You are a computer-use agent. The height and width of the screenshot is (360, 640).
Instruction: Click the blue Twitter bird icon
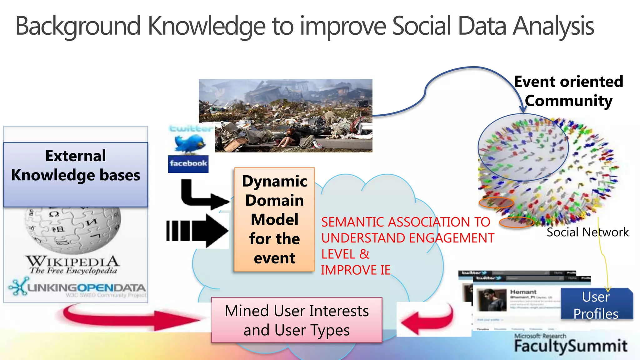pos(190,143)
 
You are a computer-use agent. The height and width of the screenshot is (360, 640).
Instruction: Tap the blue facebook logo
pos(188,164)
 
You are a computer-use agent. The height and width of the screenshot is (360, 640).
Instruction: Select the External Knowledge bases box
pos(76,174)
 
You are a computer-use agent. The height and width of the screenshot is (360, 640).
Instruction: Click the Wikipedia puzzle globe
pos(73,230)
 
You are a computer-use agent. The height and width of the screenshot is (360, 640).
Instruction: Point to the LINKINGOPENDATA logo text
pos(86,287)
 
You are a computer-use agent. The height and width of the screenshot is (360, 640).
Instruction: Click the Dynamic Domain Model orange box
pos(274,219)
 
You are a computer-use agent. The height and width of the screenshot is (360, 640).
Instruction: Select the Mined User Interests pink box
pos(297,320)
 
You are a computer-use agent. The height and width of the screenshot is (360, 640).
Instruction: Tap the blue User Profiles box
pos(596,305)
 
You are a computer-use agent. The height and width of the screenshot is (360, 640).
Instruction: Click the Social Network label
pos(587,232)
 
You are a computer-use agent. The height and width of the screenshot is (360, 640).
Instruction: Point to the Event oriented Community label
pos(568,91)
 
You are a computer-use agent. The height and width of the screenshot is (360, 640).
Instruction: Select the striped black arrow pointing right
pos(197,231)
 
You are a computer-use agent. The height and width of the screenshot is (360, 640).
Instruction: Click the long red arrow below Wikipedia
pos(131,317)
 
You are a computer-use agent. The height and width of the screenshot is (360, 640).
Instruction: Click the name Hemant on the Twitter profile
pos(523,292)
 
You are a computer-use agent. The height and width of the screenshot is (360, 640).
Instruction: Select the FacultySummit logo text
pos(571,346)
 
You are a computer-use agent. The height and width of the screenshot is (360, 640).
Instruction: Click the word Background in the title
pos(78,26)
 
